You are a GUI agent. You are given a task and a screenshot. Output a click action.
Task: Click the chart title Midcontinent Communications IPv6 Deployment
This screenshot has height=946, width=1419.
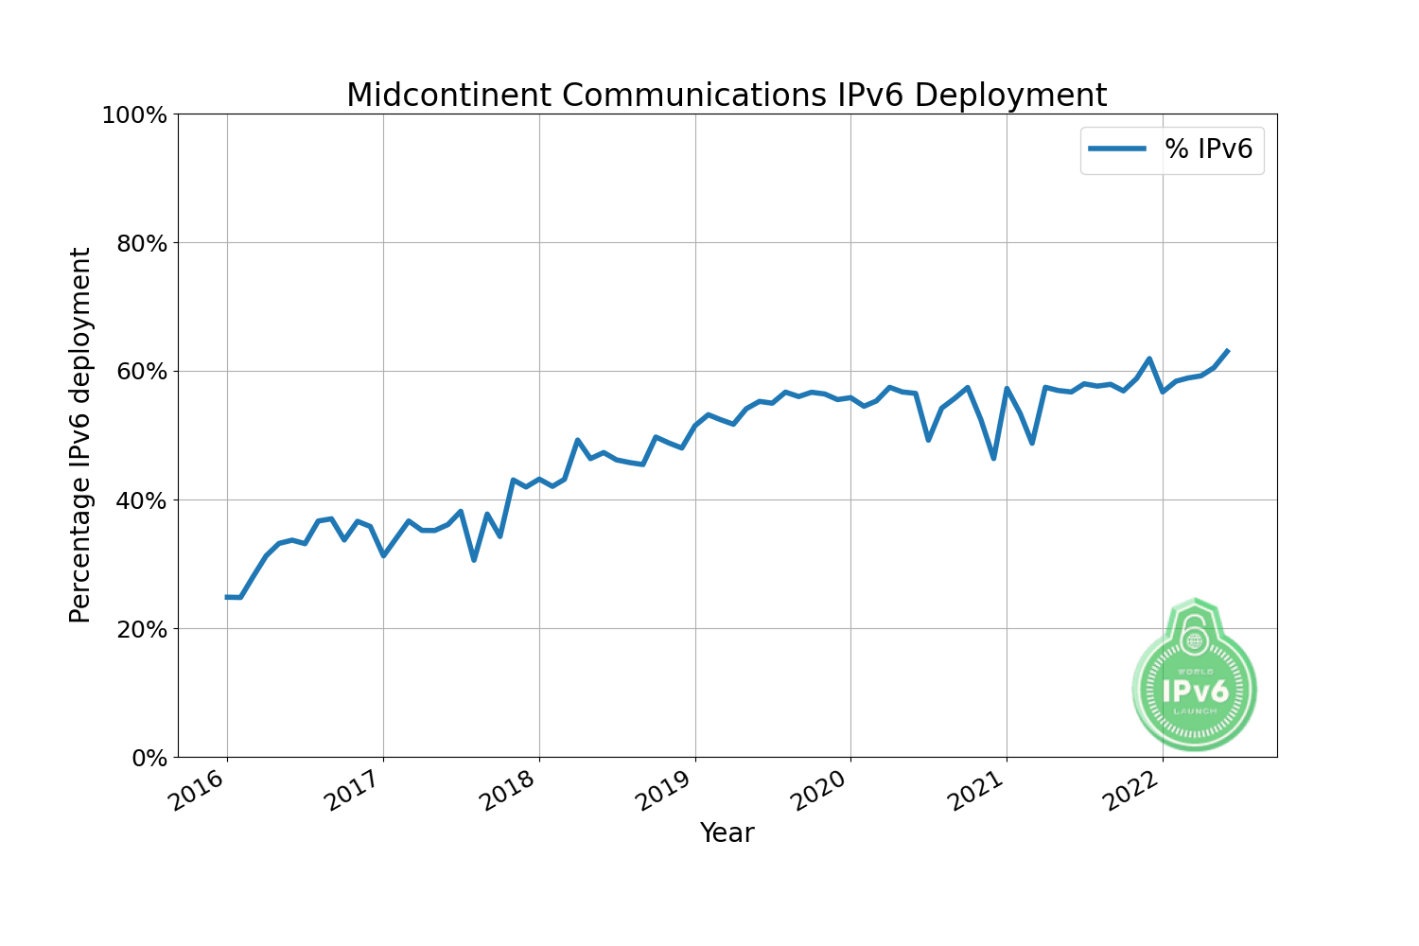point(726,96)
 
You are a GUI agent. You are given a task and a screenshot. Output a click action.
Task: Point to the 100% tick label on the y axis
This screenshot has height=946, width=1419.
point(134,115)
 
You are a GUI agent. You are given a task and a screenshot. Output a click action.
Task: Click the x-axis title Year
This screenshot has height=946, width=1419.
point(727,833)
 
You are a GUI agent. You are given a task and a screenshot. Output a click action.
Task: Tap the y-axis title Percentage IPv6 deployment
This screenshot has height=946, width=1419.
point(81,435)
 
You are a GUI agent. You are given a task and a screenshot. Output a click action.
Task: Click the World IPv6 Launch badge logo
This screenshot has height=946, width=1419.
point(1195,676)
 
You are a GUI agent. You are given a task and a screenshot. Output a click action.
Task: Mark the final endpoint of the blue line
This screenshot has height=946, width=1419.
point(1227,351)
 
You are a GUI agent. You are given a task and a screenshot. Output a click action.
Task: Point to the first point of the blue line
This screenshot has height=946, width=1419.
point(227,597)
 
